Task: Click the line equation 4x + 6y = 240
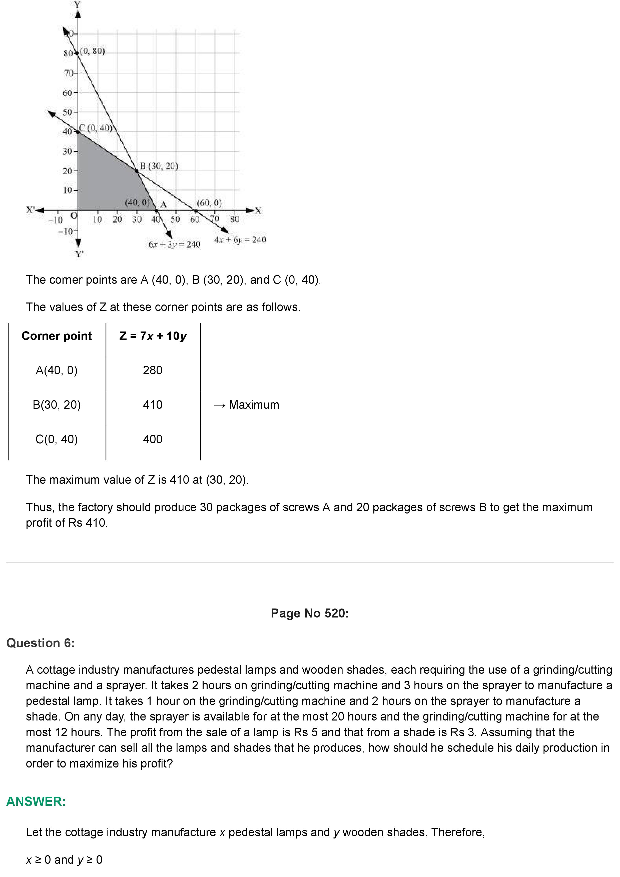[240, 239]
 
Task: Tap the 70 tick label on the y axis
[68, 72]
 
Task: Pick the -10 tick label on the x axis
[55, 220]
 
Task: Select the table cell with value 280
[152, 370]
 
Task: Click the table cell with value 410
[152, 404]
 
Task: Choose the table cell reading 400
[152, 439]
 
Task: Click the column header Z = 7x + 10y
[153, 336]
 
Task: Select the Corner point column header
[57, 336]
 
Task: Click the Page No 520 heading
[310, 613]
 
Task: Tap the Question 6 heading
[41, 643]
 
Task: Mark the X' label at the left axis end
[30, 210]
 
